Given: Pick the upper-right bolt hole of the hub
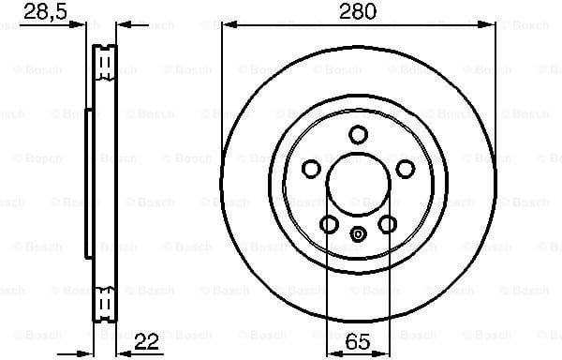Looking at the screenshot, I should point(406,169).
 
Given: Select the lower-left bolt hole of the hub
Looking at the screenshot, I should point(327,224).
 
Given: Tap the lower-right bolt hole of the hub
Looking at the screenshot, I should point(387,224).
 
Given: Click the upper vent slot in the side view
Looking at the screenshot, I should point(106,64).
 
